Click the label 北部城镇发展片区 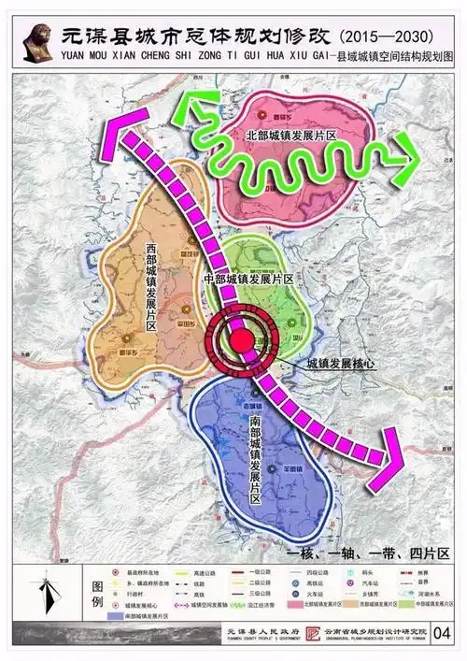[290, 137]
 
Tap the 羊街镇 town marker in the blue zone [272, 469]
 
